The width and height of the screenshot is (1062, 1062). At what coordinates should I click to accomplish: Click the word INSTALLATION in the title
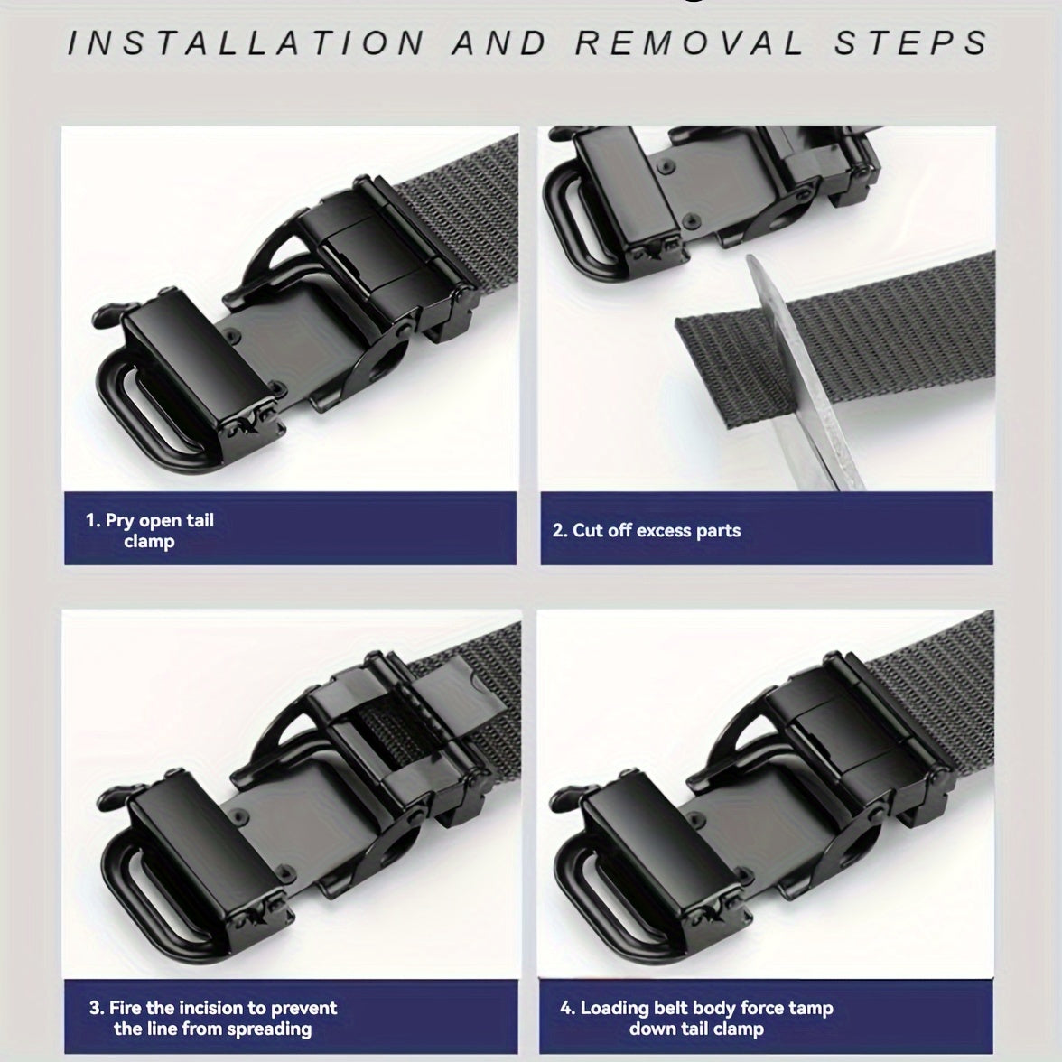[246, 42]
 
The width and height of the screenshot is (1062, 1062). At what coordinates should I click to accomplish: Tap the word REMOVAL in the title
[689, 42]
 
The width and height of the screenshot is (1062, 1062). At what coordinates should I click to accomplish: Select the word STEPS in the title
[910, 42]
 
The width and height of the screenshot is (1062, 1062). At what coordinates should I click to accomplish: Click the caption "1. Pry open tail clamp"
[150, 530]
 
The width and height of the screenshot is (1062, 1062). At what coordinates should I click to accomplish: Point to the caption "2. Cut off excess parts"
[647, 530]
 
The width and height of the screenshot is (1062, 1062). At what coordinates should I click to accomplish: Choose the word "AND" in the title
[500, 42]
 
